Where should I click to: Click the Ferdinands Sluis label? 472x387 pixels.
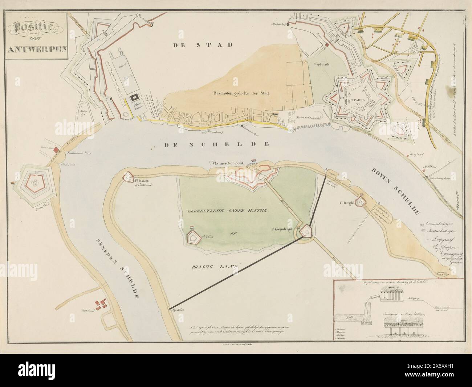[79, 154]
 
